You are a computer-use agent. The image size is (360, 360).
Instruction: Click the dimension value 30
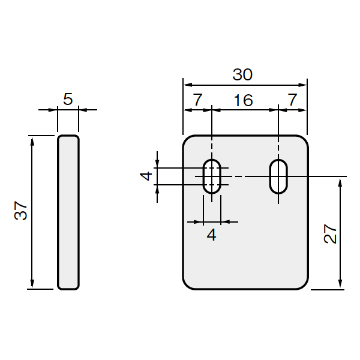coord(242,74)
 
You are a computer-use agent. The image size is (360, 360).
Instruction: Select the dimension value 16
coord(244,100)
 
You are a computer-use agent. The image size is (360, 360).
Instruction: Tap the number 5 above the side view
coord(68,99)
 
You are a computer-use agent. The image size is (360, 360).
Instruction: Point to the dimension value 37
coord(20,211)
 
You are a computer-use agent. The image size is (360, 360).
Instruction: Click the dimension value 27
coord(330,234)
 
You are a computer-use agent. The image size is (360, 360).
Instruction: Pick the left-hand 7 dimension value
coord(197,100)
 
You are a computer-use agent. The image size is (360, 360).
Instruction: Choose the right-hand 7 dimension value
coord(292,100)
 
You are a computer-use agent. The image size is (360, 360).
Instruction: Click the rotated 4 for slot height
coord(146,176)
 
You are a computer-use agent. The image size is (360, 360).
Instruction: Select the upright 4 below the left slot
coord(211,235)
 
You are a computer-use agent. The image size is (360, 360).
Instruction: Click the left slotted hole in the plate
coord(203,176)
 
